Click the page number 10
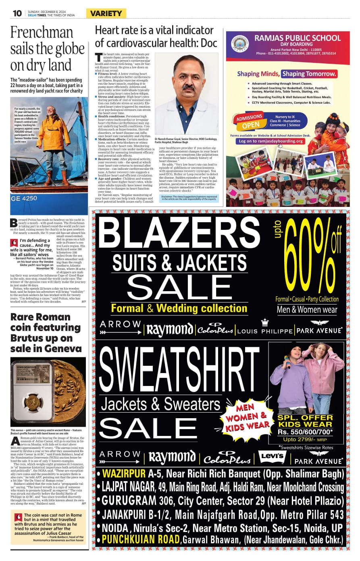coord(17,13)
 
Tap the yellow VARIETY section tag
coord(106,13)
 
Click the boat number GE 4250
coord(24,198)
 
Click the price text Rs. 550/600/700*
coord(305,432)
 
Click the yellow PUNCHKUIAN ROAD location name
coord(141,539)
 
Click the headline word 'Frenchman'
coord(42,33)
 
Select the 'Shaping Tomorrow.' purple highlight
coord(309,74)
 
